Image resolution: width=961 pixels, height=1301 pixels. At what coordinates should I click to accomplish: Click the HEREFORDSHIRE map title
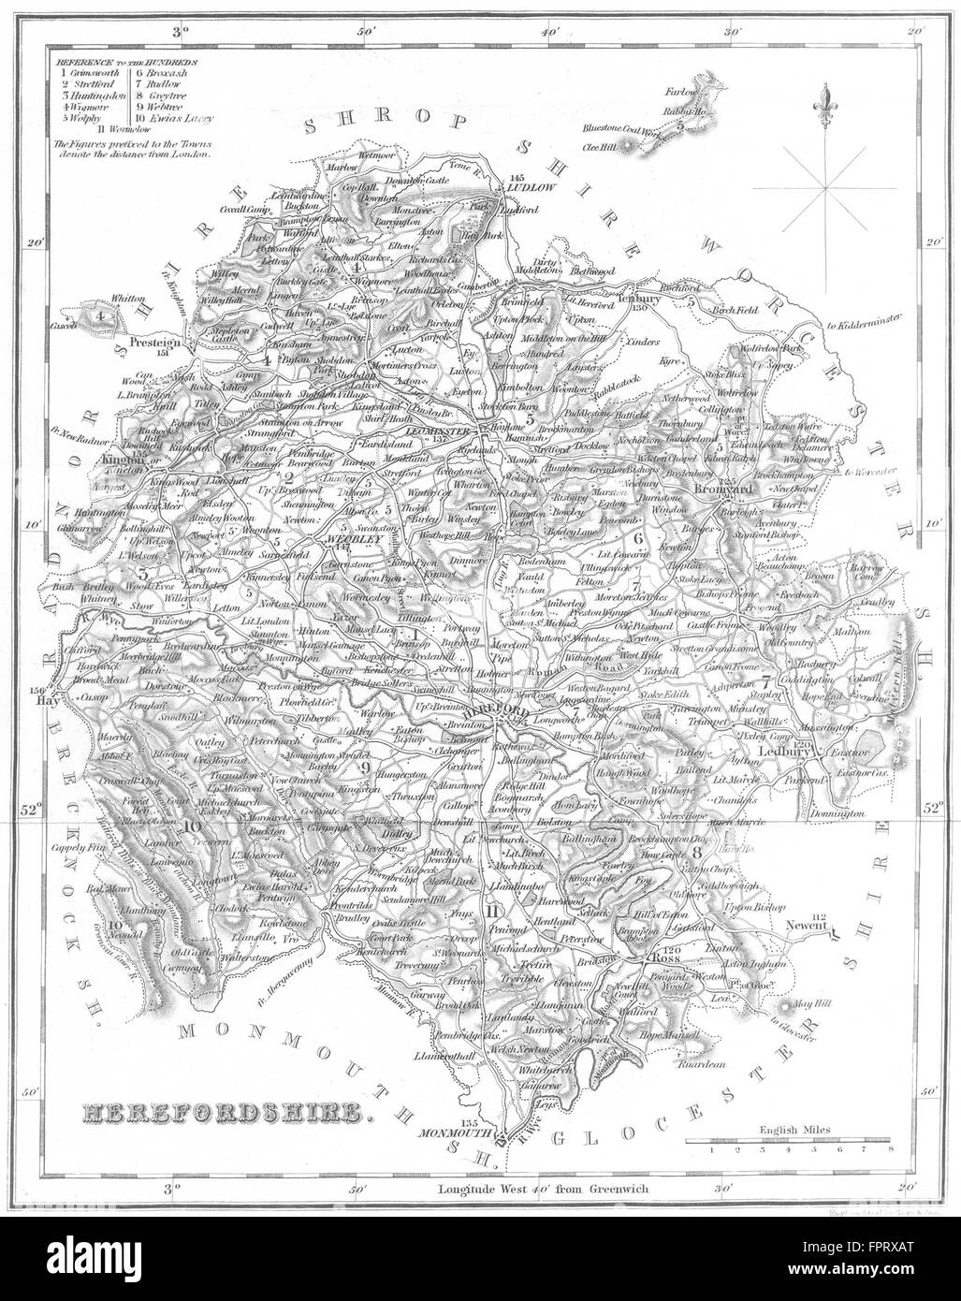225,1113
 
